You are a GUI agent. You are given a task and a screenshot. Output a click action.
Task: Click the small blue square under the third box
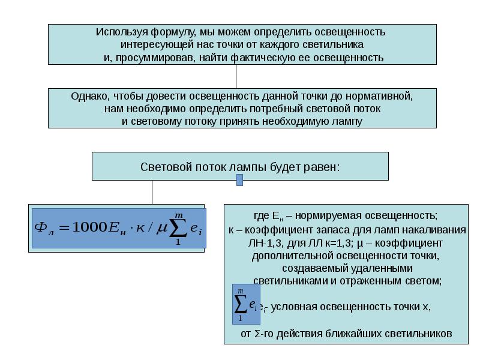[240, 180]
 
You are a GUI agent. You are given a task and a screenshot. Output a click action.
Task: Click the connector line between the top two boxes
[236, 76]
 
